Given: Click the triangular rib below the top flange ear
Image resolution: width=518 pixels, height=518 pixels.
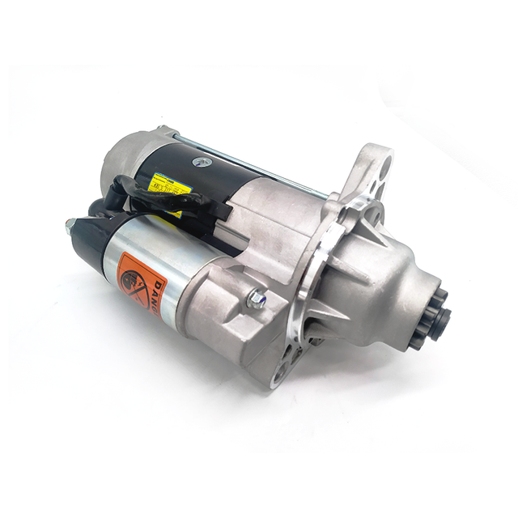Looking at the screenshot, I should click(363, 206).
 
